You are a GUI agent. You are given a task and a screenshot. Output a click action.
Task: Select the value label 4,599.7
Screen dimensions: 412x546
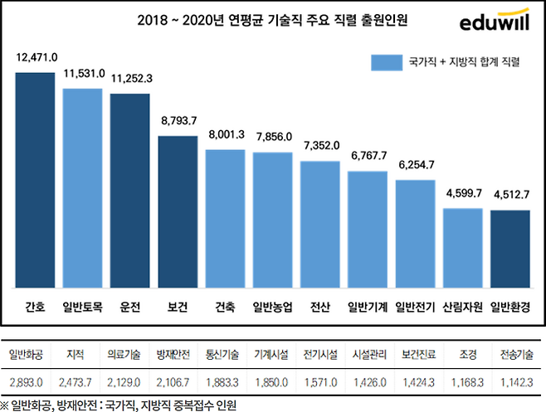[463, 194]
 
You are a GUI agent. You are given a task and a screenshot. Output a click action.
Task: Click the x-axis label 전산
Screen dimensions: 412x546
[320, 307]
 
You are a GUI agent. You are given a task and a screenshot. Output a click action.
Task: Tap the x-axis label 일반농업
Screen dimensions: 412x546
[273, 307]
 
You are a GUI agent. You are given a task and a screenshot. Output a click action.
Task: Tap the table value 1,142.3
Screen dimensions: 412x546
[516, 381]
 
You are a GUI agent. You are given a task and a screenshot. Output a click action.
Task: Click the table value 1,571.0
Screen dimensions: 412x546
[320, 381]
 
